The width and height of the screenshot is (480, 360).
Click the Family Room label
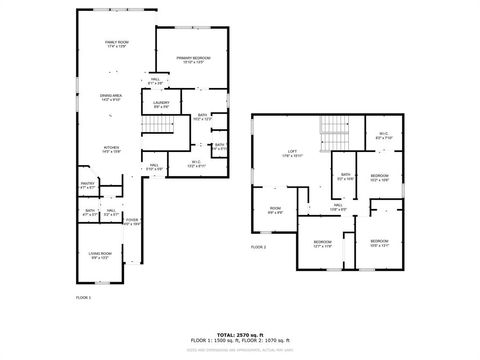click(119, 43)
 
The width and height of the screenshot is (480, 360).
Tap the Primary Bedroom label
click(191, 59)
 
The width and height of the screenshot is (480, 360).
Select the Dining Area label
click(111, 96)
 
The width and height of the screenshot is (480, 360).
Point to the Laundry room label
click(161, 104)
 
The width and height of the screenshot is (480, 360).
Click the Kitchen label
click(111, 148)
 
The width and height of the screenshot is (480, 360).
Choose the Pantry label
click(87, 184)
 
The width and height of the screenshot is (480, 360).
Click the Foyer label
click(132, 221)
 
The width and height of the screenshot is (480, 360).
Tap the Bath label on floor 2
click(345, 177)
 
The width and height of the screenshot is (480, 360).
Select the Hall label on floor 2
click(339, 207)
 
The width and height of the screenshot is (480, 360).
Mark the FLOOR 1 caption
click(84, 298)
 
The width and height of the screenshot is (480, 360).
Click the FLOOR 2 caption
click(258, 246)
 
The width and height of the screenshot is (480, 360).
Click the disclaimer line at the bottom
click(239, 349)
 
